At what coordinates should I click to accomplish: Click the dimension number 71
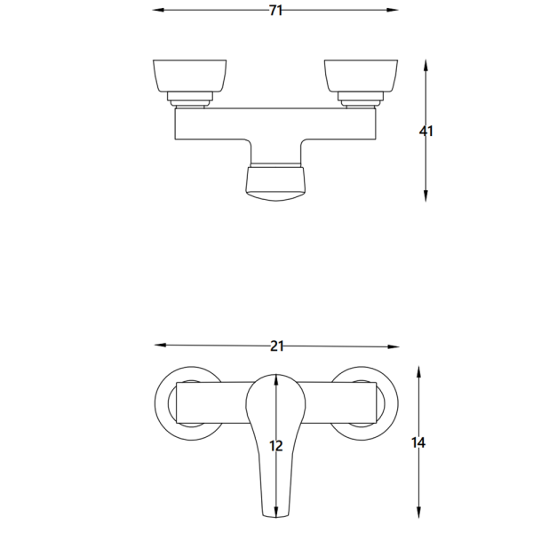click(275, 11)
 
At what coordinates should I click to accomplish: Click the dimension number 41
click(426, 131)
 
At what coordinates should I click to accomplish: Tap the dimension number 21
click(276, 346)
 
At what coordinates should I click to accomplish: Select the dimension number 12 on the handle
click(275, 446)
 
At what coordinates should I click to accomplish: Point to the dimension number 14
click(418, 442)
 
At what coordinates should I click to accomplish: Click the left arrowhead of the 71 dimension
click(158, 10)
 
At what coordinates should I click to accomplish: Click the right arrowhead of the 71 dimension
click(393, 10)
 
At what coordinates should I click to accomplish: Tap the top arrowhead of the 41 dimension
click(426, 65)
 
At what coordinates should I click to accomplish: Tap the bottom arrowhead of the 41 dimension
click(426, 196)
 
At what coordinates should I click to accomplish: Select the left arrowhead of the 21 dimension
click(160, 345)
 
